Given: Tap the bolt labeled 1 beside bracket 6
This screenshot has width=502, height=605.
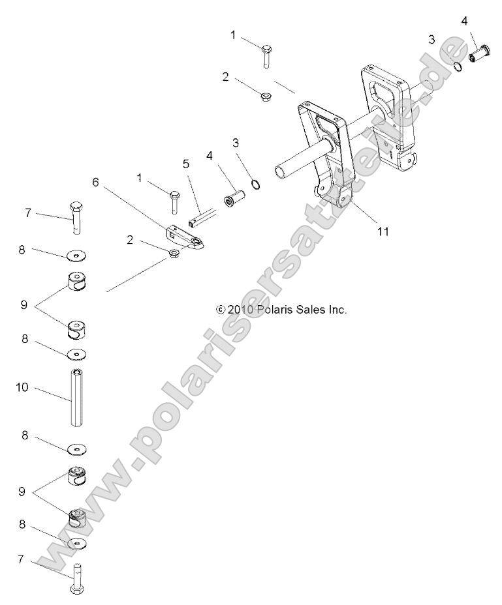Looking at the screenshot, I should point(174,201).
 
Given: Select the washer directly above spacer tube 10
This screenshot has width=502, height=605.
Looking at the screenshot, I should point(78,354).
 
